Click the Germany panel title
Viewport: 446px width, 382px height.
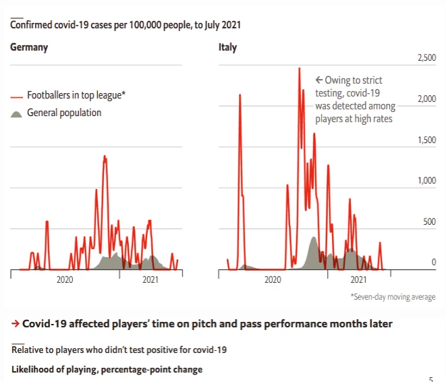coord(29,48)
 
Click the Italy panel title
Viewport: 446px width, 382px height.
coord(227,48)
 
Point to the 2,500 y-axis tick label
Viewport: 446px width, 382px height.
coord(424,59)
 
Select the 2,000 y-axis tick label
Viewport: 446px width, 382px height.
coord(424,99)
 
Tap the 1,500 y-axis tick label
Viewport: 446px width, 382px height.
coord(424,140)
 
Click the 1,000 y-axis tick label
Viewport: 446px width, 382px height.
coord(424,181)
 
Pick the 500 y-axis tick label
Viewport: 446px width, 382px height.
coord(428,221)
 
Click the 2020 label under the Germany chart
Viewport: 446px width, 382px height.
coord(65,280)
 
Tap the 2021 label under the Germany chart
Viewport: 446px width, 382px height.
coord(150,280)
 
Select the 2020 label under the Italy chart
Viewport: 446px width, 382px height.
coord(273,280)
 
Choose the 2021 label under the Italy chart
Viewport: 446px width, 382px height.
coord(358,280)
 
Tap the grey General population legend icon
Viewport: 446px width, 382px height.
coord(17,113)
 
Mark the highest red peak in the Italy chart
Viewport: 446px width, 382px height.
coord(299,69)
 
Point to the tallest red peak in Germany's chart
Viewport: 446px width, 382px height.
coord(105,157)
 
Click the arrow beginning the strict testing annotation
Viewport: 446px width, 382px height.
coord(320,80)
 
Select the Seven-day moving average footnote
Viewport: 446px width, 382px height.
coord(393,297)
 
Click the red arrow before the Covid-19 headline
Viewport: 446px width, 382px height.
coord(15,324)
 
